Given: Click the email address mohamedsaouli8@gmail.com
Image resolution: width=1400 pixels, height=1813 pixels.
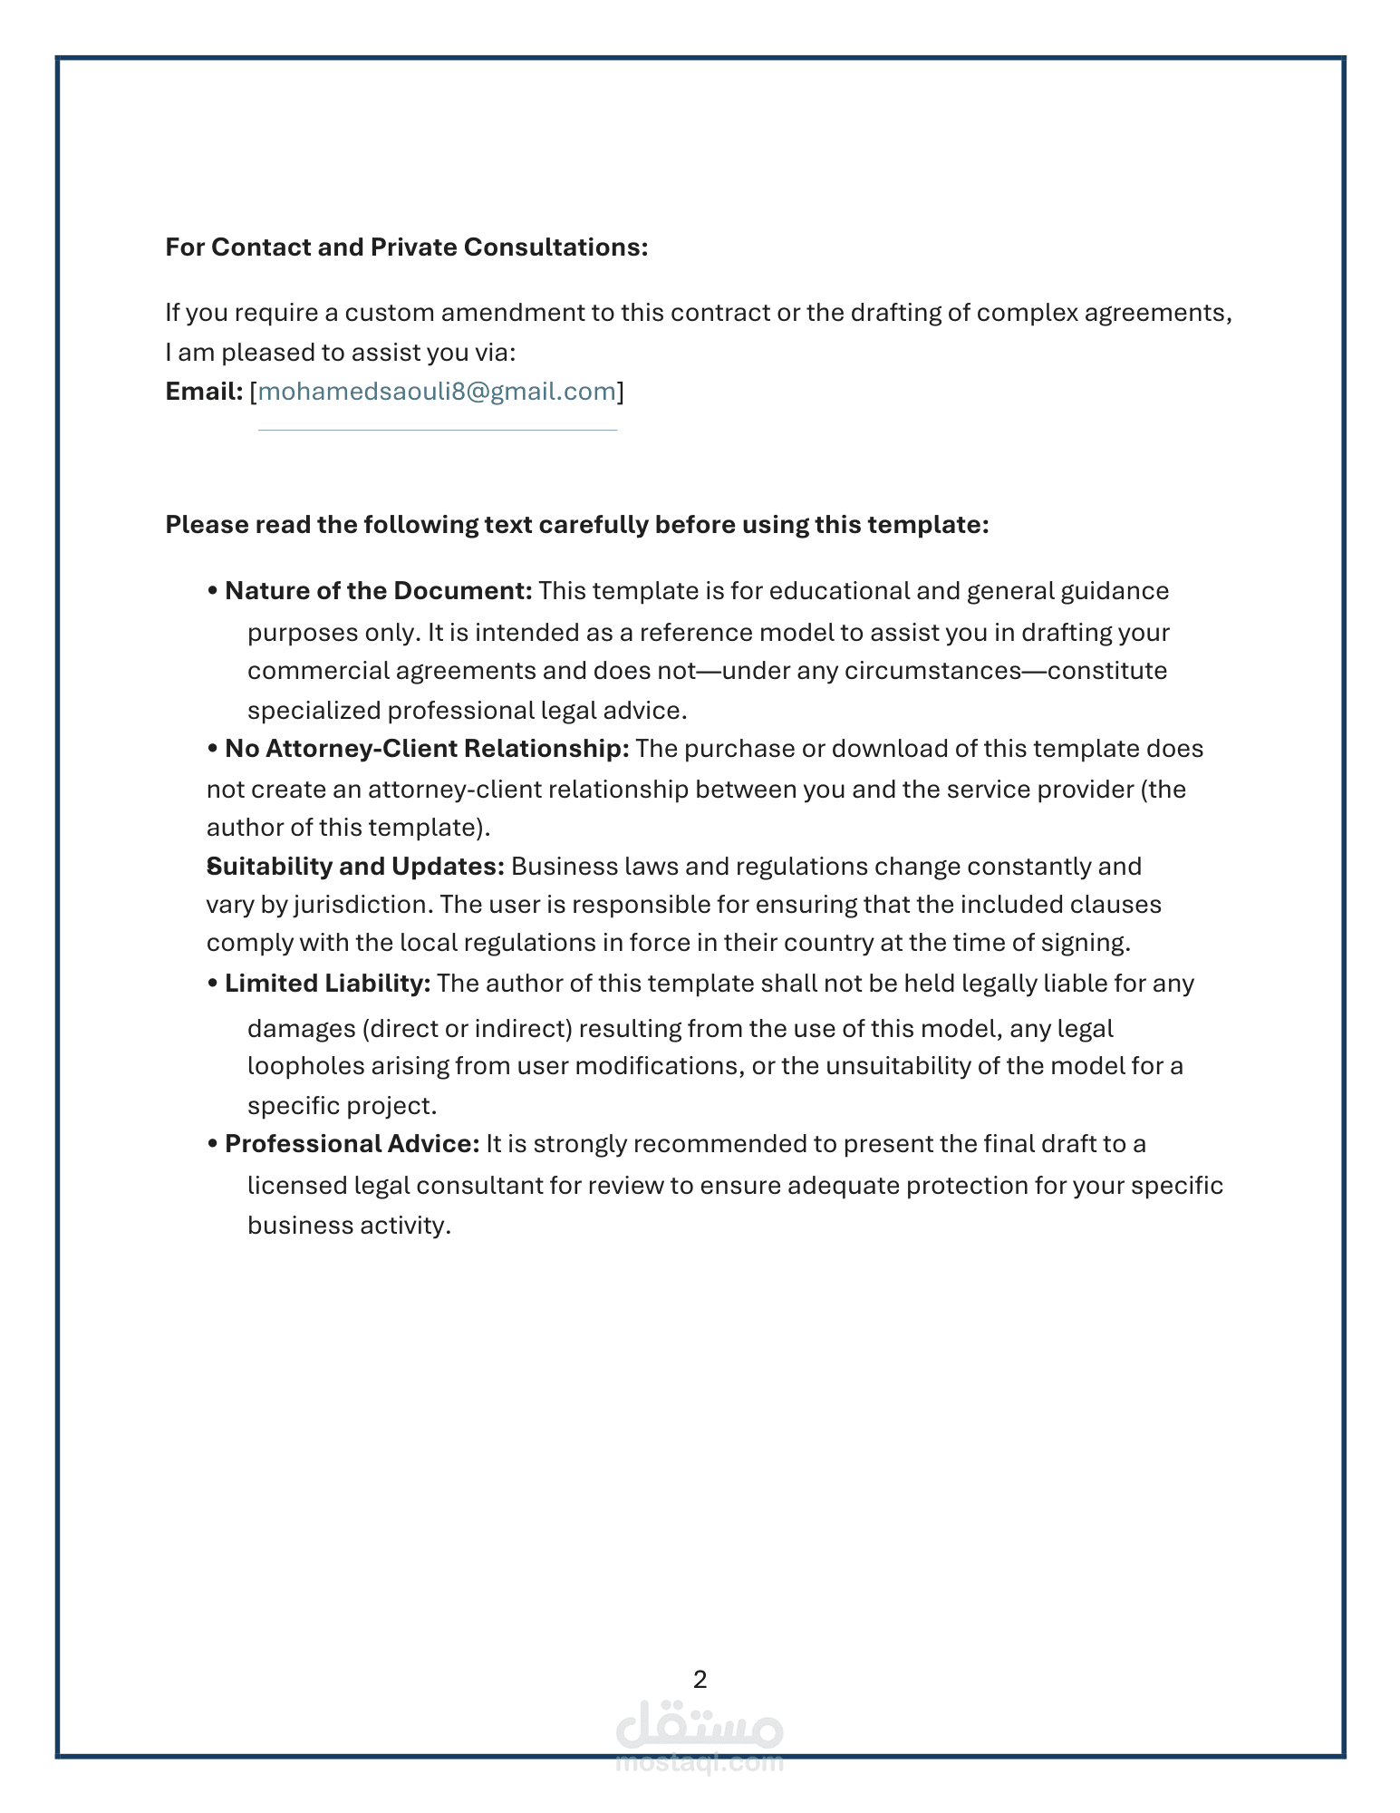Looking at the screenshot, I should (437, 392).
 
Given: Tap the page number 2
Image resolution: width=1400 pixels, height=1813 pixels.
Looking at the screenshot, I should (700, 1680).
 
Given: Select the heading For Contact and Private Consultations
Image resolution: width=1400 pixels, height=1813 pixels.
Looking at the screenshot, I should (406, 247).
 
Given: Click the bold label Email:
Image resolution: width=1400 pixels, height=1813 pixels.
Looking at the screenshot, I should (204, 392).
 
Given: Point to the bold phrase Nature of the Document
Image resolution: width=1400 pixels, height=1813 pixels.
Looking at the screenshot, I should (378, 591).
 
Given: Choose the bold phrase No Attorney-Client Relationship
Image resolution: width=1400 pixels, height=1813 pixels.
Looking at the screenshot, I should (427, 749).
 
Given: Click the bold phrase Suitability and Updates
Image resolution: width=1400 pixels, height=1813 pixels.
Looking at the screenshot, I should (356, 867).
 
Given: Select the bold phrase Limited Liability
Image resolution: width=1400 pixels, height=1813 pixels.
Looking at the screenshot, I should (327, 984).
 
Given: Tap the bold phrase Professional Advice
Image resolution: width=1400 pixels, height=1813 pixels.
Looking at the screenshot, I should (352, 1144).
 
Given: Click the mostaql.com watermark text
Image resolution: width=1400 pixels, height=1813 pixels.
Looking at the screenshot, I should (700, 1762).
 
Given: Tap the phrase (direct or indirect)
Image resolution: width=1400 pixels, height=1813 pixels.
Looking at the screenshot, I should (467, 1029).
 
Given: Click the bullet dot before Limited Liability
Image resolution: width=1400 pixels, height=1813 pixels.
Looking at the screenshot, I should (213, 984).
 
